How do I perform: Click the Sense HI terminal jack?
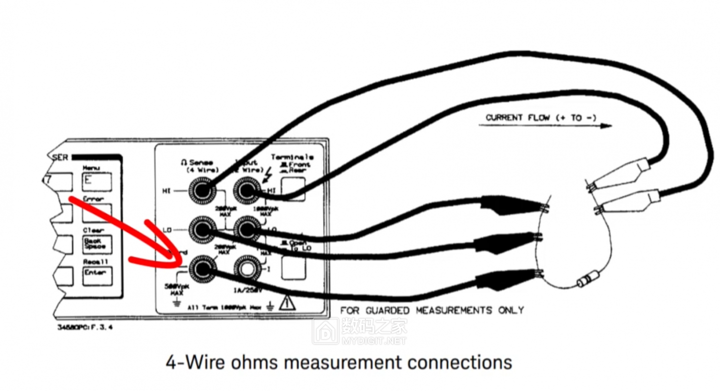[202, 190]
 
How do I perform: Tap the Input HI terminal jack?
[246, 190]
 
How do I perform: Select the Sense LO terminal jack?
[202, 230]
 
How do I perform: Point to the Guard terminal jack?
[202, 269]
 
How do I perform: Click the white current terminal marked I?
[246, 269]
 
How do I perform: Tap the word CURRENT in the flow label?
[504, 118]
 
